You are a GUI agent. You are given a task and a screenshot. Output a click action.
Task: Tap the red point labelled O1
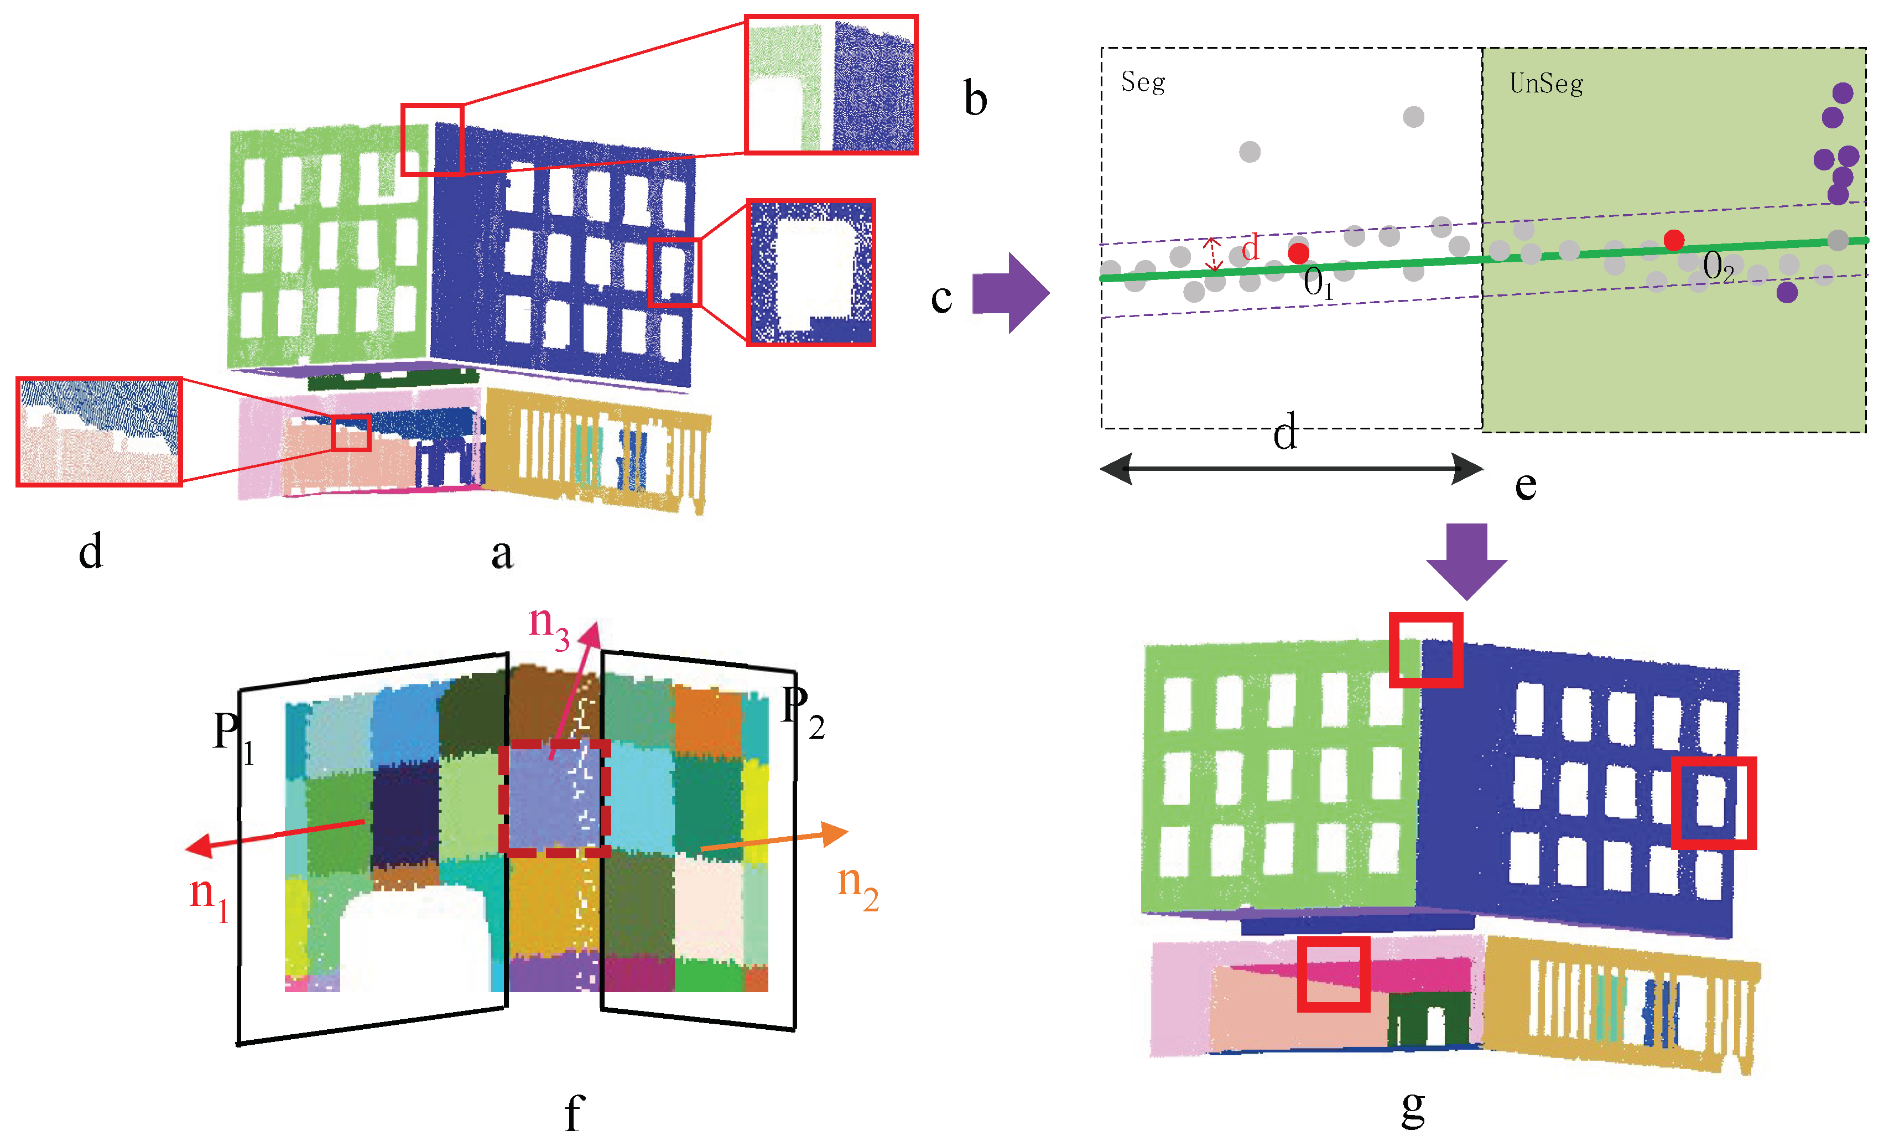pos(1298,252)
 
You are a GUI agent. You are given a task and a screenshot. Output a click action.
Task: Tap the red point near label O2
pos(1674,240)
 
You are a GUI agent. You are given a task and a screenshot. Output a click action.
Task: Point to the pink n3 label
pos(548,626)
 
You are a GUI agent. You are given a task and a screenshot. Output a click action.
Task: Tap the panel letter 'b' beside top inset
pos(975,100)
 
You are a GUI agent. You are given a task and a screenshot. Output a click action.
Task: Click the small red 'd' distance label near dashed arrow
pos(1250,248)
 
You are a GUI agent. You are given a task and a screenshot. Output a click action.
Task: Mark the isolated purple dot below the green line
pos(1787,292)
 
